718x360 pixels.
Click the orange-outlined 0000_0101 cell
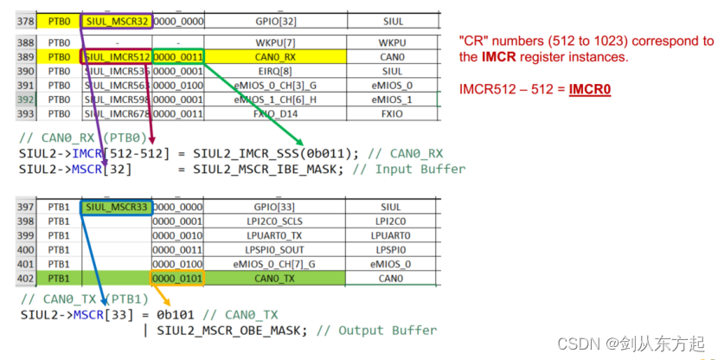[176, 278]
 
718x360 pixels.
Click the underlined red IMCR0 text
[589, 89]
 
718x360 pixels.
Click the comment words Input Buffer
[420, 169]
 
